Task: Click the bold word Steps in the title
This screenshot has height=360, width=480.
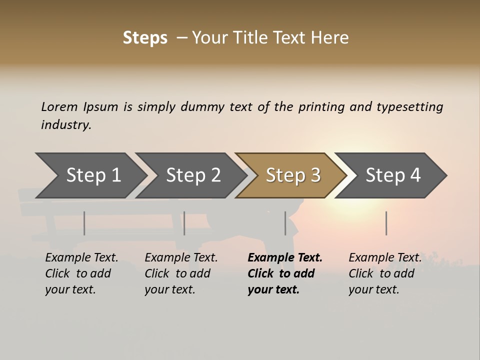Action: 145,38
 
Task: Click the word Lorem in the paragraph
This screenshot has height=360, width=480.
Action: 59,106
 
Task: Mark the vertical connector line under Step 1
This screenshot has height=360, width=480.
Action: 84,223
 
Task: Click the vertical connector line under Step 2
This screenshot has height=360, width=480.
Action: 184,223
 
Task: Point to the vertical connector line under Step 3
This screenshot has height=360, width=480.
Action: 285,223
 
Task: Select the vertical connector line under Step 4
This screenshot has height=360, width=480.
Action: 386,223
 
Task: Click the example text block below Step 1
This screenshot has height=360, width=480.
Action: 81,273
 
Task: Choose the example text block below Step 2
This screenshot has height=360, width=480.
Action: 181,273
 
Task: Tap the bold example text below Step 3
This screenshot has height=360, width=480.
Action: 285,273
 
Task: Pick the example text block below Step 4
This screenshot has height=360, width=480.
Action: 385,273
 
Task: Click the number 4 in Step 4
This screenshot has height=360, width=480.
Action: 414,175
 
